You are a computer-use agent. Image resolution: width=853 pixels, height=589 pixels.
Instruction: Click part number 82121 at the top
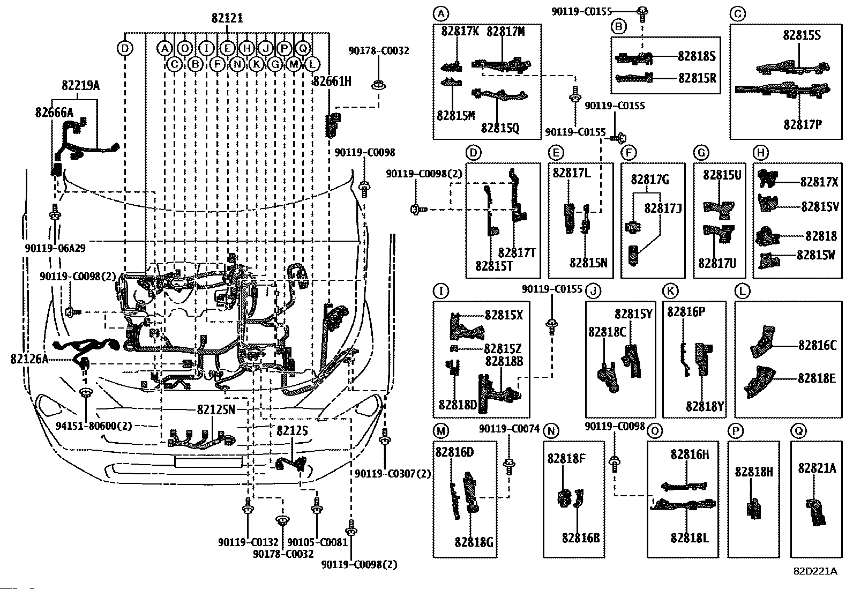(227, 18)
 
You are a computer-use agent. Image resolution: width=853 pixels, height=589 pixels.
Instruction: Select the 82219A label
(80, 85)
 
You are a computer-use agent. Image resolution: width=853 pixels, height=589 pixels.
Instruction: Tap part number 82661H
(332, 81)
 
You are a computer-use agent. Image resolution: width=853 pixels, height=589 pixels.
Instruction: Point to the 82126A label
(29, 359)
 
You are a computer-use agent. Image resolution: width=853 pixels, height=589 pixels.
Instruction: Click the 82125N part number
(216, 409)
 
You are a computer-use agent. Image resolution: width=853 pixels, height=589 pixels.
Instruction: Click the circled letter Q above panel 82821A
(798, 431)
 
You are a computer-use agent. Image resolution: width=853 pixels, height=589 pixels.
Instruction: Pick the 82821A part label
(817, 468)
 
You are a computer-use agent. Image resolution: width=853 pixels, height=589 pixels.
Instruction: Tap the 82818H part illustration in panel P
(753, 508)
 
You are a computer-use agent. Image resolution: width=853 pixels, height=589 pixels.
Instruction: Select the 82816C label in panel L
(817, 345)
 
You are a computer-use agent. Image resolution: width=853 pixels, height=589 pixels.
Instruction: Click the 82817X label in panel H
(819, 182)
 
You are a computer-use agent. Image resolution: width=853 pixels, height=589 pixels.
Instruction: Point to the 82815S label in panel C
(802, 35)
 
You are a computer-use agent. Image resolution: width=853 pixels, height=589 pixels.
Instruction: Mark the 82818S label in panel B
(697, 56)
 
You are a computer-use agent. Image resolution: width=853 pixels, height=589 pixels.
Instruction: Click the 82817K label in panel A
(460, 31)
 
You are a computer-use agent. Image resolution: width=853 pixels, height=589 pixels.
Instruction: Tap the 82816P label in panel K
(686, 312)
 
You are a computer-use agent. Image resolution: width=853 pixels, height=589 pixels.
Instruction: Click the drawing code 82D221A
(815, 571)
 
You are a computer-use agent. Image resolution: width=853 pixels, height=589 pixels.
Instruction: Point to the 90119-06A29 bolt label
(55, 248)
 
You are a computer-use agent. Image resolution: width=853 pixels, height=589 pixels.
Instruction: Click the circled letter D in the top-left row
(124, 49)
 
